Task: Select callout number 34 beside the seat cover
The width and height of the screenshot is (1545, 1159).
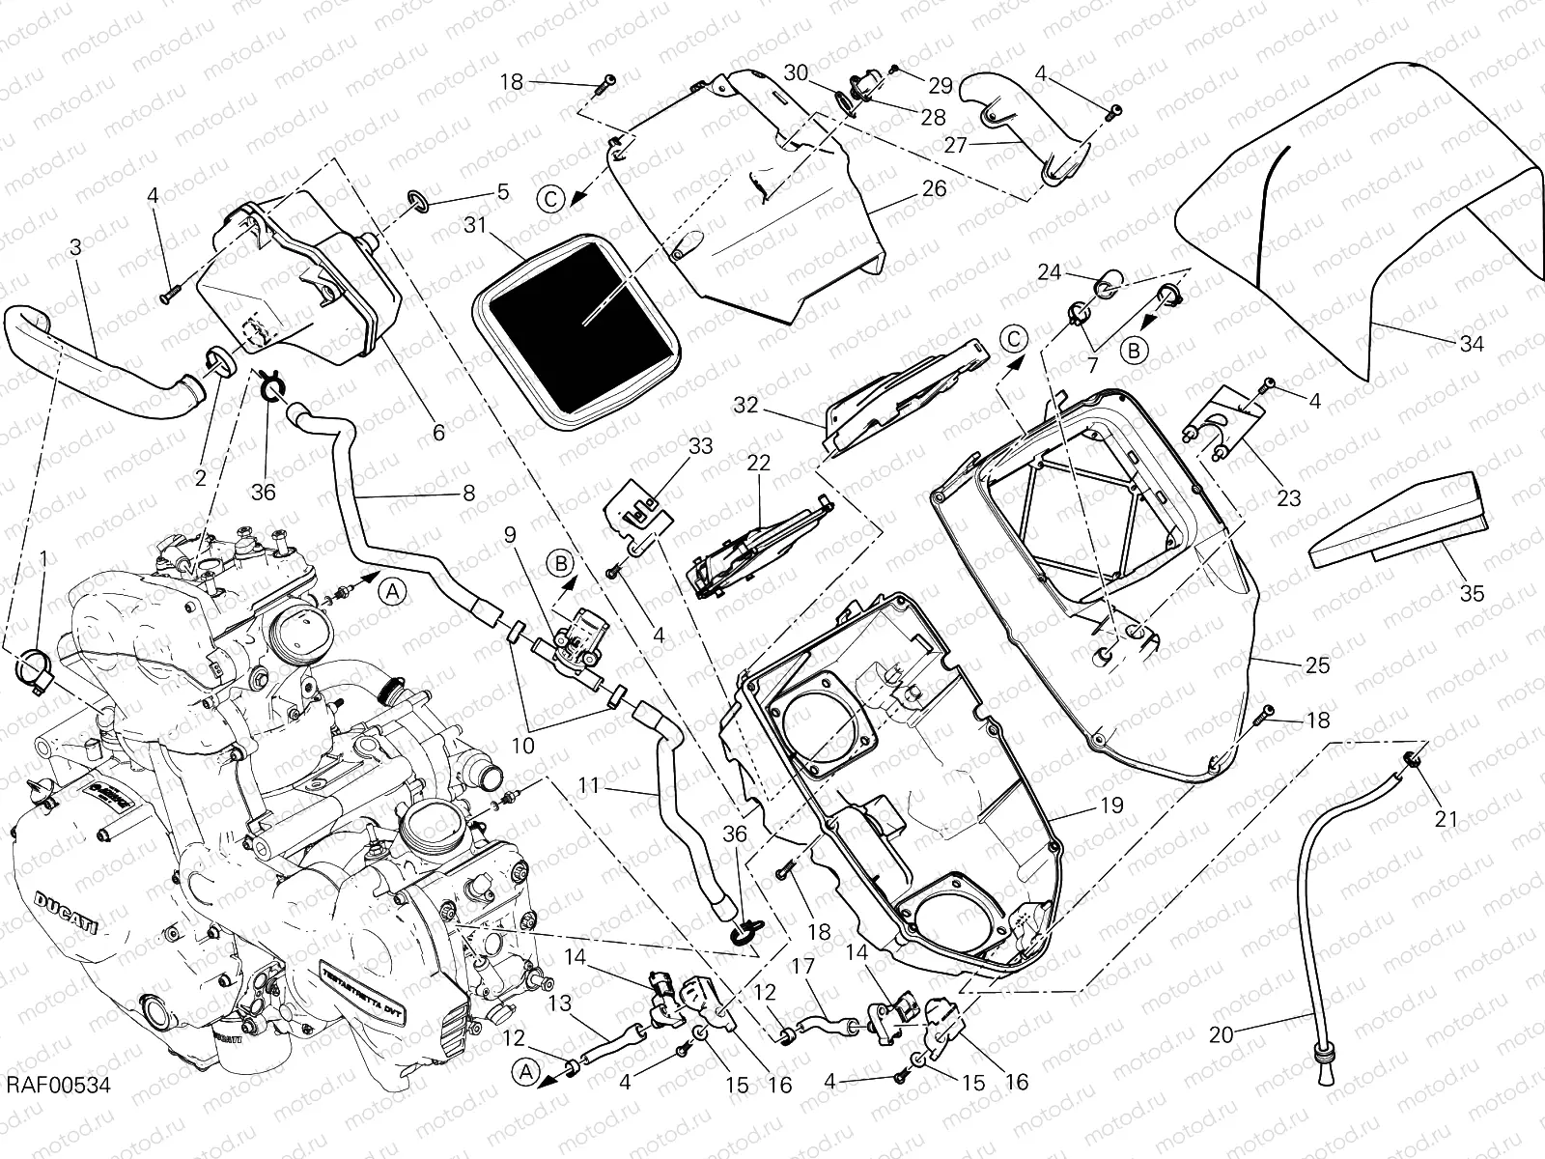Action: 1471,343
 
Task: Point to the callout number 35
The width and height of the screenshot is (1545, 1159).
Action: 1471,593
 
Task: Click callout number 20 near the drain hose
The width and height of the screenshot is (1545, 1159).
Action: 1222,1034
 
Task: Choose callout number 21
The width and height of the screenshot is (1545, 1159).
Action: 1445,819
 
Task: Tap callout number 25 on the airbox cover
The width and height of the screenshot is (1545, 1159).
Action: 1317,664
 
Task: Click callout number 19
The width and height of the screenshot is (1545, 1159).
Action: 1110,805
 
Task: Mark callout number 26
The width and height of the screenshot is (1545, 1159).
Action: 934,187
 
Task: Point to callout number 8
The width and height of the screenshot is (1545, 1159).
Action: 468,493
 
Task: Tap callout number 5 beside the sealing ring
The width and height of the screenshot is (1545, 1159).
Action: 503,191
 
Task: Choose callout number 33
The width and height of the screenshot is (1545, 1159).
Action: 701,445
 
